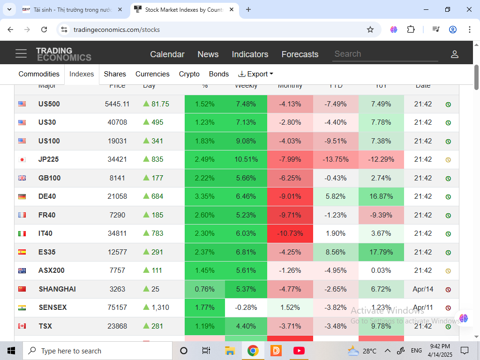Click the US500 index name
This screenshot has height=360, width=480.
click(x=49, y=104)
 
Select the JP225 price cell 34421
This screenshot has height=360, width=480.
click(x=117, y=159)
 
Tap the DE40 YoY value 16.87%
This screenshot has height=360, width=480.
click(x=381, y=196)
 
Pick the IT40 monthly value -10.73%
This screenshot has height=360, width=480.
click(x=290, y=233)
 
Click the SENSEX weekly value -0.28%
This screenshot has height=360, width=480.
click(x=246, y=307)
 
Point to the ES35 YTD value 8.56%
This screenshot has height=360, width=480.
click(x=336, y=252)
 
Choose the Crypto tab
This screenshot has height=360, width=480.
click(x=189, y=74)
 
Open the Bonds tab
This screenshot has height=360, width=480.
click(x=219, y=74)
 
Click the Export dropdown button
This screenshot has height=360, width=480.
click(x=255, y=74)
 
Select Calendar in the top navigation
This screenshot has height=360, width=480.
click(x=167, y=54)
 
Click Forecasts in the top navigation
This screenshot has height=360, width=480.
click(x=300, y=54)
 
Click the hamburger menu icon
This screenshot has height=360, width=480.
click(x=21, y=53)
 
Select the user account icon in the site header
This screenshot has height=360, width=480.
click(x=454, y=54)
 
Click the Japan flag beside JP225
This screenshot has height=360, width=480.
click(x=22, y=159)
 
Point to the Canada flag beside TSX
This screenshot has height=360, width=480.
click(x=22, y=326)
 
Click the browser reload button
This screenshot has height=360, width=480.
click(x=44, y=30)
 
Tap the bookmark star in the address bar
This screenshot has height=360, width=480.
click(x=370, y=30)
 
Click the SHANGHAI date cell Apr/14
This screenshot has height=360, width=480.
click(x=423, y=289)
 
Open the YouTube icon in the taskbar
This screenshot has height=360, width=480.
click(x=299, y=351)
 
